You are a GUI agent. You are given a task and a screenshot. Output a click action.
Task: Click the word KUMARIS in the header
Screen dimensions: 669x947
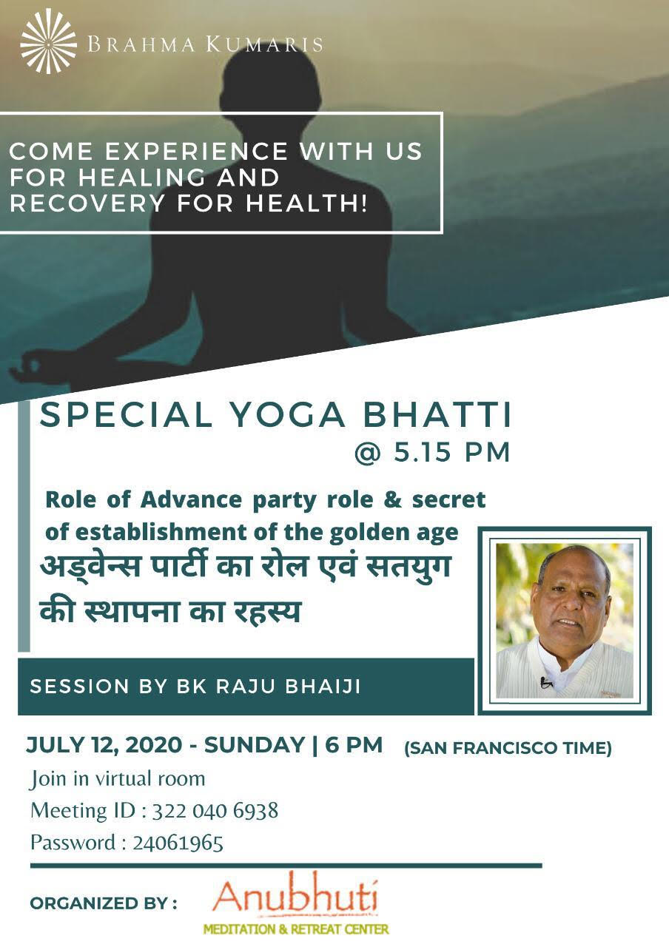[x=265, y=44]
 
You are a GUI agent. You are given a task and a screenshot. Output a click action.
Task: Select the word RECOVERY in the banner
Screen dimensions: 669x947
[x=87, y=203]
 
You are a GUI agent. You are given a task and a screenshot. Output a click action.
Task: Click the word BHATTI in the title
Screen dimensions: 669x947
[x=437, y=415]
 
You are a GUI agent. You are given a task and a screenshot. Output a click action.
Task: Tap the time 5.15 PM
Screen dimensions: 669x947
[x=452, y=453]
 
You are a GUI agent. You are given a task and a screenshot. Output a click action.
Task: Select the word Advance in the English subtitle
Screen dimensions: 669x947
[x=191, y=499]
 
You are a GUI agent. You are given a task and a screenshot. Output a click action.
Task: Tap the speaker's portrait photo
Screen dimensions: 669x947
[x=565, y=621]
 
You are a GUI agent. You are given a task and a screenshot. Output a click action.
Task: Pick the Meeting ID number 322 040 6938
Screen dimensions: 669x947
[x=215, y=811]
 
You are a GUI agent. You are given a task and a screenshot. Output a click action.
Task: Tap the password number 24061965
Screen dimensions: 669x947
[x=178, y=843]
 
